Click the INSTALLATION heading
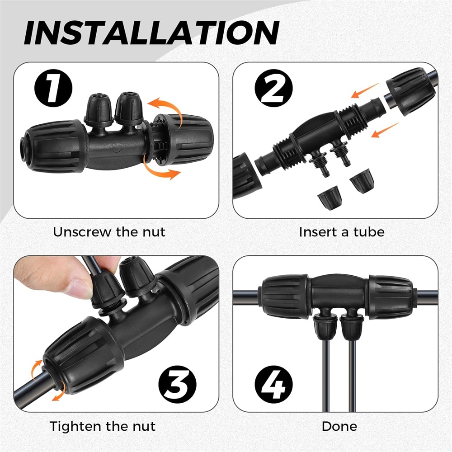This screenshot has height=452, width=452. (x=151, y=33)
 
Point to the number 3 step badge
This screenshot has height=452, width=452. (x=177, y=385)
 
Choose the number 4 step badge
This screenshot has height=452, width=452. (x=273, y=385)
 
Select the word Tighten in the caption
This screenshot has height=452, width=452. (x=75, y=426)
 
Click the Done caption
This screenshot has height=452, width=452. (x=339, y=426)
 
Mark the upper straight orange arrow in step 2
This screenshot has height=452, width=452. (x=365, y=90)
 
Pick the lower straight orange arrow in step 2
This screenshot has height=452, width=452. (x=385, y=130)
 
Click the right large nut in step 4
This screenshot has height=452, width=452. (x=391, y=297)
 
